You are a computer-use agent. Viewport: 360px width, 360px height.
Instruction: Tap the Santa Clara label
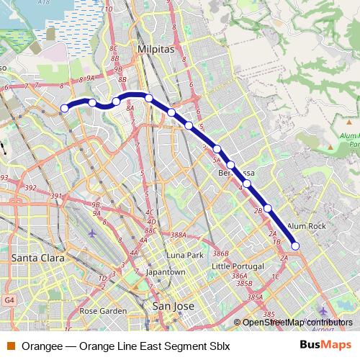coord(37,257)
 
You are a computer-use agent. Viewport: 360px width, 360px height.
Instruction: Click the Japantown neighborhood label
coord(166,272)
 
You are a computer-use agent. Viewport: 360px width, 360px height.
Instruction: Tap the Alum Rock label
coord(307,226)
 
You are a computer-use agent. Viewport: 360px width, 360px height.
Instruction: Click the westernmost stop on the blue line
coord(64,108)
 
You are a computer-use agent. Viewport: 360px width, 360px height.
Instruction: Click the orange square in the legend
coord(11,346)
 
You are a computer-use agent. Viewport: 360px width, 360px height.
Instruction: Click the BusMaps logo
coord(325,346)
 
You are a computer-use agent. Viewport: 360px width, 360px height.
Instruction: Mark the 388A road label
coord(179,235)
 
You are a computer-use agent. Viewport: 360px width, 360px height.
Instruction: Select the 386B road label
coord(220,254)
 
